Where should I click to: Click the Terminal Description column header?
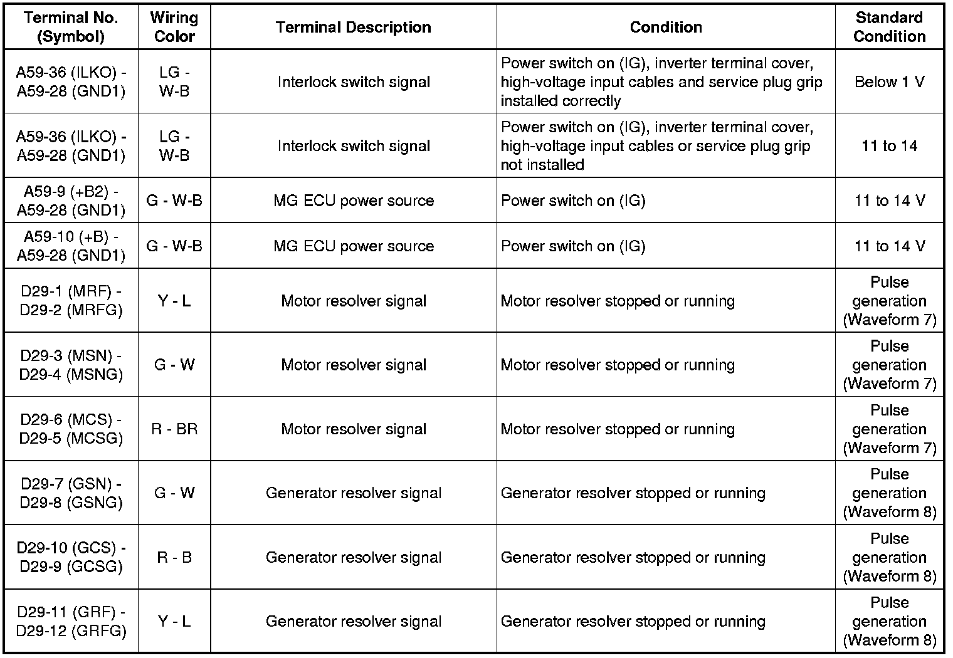(x=353, y=28)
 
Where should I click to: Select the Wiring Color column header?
(x=174, y=28)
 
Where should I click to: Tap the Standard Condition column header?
(x=889, y=28)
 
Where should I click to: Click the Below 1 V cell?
(x=889, y=82)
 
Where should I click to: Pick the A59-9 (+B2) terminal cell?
(x=71, y=201)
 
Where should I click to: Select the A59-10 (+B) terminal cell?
(x=71, y=246)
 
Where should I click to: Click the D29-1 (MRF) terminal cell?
(x=71, y=301)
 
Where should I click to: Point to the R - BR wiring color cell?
(x=174, y=429)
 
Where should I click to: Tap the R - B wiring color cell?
(x=174, y=557)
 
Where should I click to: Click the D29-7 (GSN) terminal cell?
(x=71, y=493)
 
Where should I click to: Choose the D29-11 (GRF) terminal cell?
(x=71, y=621)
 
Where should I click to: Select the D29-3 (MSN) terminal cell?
(x=71, y=365)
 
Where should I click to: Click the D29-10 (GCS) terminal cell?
(x=71, y=557)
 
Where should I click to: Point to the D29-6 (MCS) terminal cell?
(x=71, y=429)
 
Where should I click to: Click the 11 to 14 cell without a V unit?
(x=889, y=146)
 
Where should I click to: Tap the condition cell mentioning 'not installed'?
(x=665, y=146)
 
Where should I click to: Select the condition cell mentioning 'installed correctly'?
(x=665, y=82)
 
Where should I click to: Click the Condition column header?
(x=665, y=28)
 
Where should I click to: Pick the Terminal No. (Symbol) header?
(x=71, y=28)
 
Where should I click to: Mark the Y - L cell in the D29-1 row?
(x=174, y=301)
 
